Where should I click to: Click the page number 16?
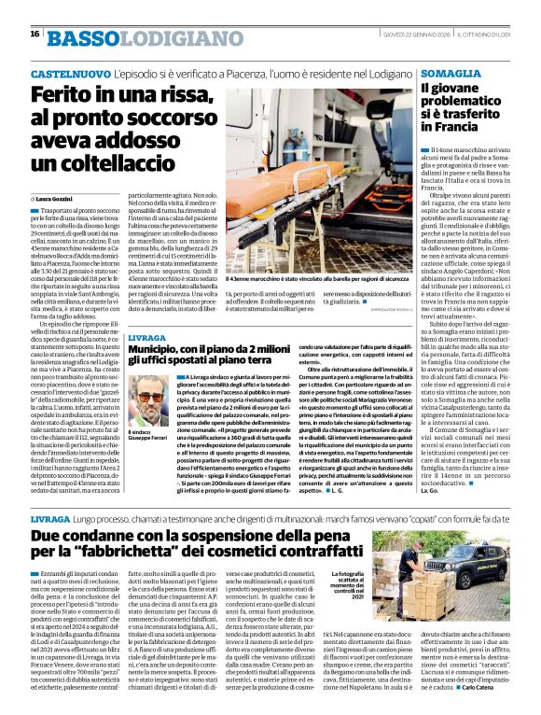35,33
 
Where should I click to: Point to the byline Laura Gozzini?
61,199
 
